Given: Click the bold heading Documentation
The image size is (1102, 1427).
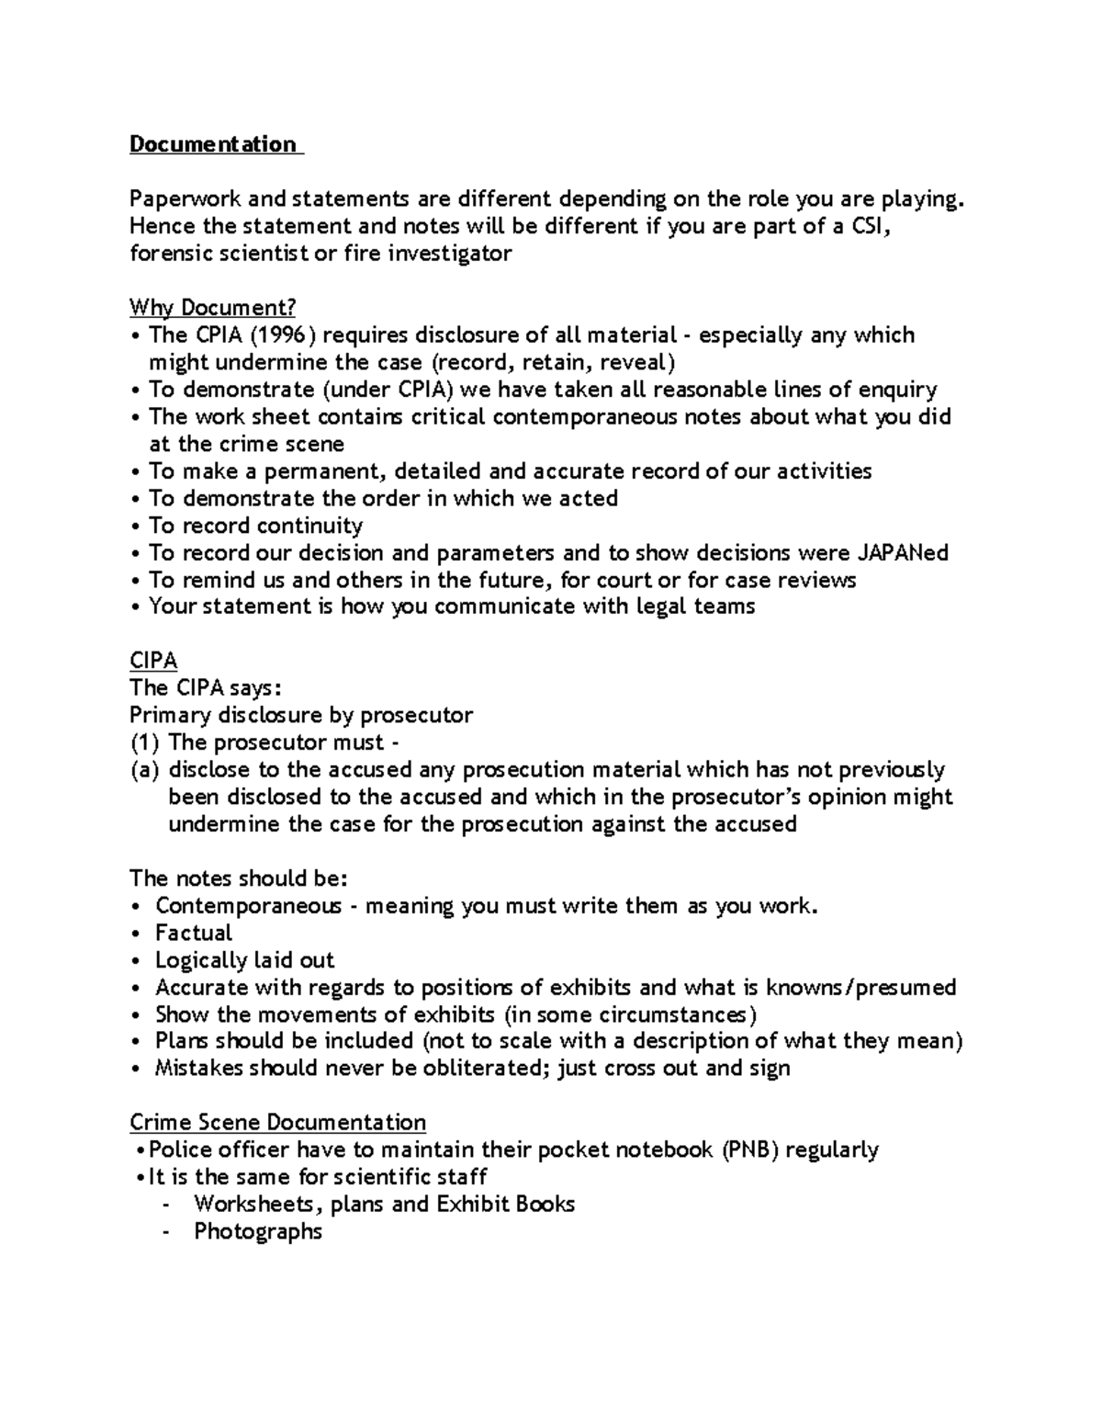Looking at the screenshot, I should pyautogui.click(x=213, y=144).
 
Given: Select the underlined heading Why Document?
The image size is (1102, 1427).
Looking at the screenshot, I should pyautogui.click(x=213, y=307).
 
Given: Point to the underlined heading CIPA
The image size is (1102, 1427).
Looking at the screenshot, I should pyautogui.click(x=153, y=661).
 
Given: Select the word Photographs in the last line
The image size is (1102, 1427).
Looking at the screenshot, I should pyautogui.click(x=258, y=1231).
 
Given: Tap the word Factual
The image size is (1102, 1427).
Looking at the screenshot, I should pyautogui.click(x=194, y=933).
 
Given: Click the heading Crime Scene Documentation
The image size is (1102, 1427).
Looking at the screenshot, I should pyautogui.click(x=277, y=1123).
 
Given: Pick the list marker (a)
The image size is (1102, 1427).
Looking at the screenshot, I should pyautogui.click(x=144, y=769).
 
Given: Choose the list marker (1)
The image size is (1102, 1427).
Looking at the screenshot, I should pyautogui.click(x=144, y=742).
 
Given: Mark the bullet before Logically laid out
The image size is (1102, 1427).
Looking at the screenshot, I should pyautogui.click(x=136, y=960).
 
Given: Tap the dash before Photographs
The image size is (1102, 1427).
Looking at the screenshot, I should pyautogui.click(x=165, y=1231).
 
